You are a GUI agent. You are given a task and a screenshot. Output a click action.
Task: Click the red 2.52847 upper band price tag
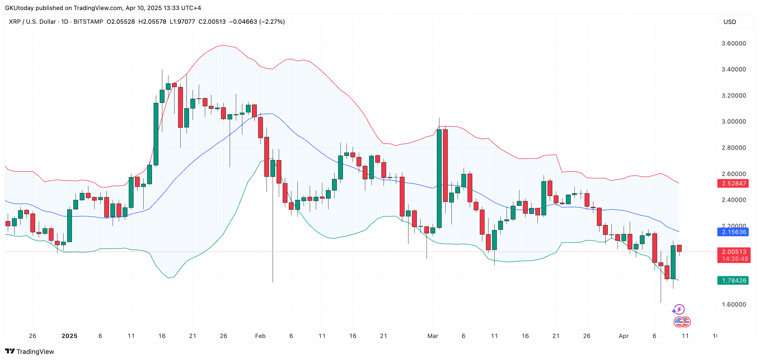[734, 183]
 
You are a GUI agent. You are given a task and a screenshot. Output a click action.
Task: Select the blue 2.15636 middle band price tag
[734, 232]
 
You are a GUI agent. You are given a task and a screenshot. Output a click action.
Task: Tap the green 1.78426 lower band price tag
[734, 280]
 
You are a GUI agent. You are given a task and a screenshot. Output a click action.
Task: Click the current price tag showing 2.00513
[734, 252]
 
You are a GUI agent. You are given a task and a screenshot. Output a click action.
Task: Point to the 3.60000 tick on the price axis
[734, 44]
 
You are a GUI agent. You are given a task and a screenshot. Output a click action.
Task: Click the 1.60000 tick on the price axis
[734, 304]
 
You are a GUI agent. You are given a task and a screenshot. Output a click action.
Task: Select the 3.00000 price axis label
[734, 122]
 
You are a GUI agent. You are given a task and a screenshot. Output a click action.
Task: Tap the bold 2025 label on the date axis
[69, 336]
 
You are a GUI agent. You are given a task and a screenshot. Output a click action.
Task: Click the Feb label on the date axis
[260, 336]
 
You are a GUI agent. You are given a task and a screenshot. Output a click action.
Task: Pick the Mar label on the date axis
[432, 336]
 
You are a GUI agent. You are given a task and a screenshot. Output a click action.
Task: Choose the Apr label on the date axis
[623, 336]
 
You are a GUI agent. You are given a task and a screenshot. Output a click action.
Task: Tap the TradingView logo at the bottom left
[30, 351]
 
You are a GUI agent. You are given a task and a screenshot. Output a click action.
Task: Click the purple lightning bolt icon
[679, 309]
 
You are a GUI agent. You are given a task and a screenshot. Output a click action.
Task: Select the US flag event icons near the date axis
[682, 322]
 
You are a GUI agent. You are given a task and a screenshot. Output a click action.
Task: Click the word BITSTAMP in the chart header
[88, 21]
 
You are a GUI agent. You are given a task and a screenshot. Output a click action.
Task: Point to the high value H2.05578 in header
[152, 21]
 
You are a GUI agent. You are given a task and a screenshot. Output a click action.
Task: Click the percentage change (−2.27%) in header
[272, 21]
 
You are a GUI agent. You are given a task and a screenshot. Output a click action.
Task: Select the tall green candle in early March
[439, 178]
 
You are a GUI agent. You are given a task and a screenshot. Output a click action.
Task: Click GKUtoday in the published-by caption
[20, 8]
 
